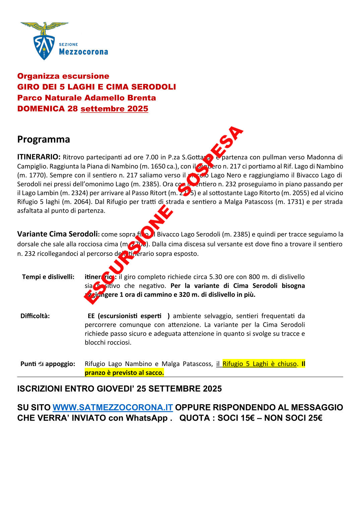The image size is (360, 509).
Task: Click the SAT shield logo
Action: click(44, 47)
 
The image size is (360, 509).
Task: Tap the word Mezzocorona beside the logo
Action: click(83, 52)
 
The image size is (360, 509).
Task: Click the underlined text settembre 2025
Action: click(114, 109)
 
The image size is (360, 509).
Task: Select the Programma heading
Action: click(44, 139)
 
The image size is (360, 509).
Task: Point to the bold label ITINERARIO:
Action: click(39, 157)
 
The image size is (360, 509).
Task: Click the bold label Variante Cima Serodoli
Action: click(58, 234)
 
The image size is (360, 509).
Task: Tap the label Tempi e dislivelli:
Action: click(48, 277)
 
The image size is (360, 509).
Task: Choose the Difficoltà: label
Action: click(35, 316)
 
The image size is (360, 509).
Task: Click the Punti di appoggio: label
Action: click(48, 364)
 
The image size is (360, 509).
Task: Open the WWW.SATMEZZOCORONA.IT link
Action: click(113, 408)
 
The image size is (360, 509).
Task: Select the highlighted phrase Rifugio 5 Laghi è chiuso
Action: click(259, 364)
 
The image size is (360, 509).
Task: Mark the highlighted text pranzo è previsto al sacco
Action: click(124, 373)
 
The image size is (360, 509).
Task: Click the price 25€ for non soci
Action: click(314, 418)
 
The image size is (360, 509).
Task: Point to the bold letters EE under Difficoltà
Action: click(91, 316)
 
